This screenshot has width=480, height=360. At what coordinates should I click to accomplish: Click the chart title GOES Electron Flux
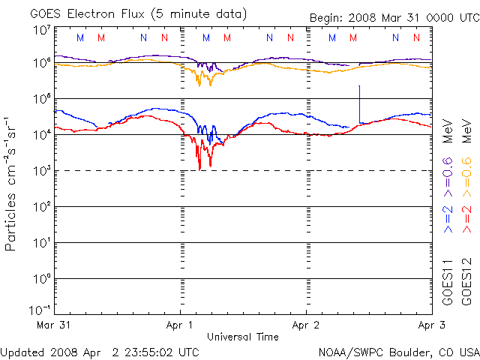[87, 14]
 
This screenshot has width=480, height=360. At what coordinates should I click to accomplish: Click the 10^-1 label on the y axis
[40, 310]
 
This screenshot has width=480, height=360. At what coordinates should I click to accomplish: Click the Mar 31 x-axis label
[53, 325]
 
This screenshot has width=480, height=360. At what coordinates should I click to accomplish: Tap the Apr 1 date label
[179, 325]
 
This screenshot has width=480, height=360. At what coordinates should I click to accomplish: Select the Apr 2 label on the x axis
[305, 325]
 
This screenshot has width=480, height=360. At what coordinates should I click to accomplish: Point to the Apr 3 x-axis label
[432, 325]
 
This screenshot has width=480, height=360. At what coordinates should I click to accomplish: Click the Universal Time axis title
[243, 337]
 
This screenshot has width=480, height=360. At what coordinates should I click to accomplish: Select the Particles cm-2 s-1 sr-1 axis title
[10, 184]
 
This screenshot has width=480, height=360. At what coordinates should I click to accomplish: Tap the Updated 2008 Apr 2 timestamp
[100, 352]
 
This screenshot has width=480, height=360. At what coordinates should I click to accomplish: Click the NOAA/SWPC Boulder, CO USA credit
[399, 352]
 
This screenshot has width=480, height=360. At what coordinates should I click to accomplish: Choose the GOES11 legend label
[448, 282]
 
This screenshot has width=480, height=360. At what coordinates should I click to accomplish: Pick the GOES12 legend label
[466, 282]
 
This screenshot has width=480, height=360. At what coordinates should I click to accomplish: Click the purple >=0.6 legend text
[448, 177]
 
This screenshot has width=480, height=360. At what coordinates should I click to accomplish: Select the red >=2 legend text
[466, 219]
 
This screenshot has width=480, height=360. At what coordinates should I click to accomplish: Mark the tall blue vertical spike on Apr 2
[359, 104]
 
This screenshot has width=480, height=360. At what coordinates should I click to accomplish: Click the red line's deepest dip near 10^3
[199, 170]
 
